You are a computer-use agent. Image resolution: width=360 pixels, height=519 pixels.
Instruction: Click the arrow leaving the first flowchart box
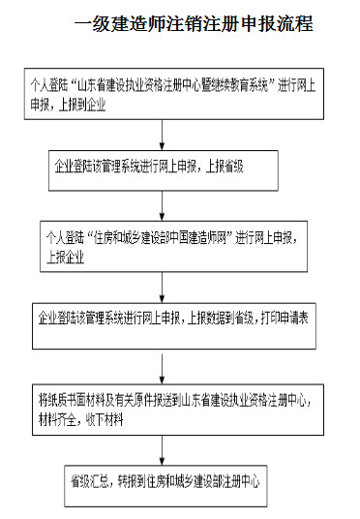(155, 132)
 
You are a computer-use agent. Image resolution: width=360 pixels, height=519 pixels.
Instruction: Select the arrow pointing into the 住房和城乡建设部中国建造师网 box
(155, 206)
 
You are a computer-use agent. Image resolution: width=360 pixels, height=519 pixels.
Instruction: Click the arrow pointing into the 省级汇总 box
(155, 446)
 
